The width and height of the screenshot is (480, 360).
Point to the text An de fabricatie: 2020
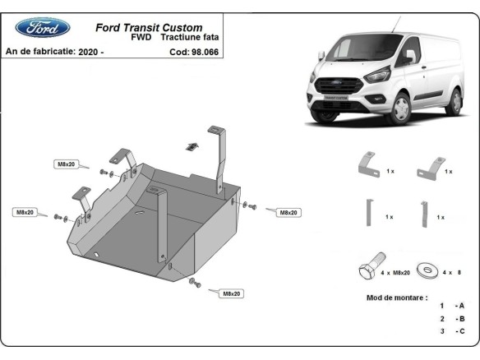54,51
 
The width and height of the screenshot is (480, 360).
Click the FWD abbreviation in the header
141,38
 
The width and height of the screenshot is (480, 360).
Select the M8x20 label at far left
25,212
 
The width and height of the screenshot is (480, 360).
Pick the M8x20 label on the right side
288,212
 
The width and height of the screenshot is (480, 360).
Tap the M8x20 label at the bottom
231,293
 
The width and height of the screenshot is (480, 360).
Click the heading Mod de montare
397,298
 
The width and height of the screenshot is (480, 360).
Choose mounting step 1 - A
451,305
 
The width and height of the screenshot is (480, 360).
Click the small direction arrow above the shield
191,145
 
